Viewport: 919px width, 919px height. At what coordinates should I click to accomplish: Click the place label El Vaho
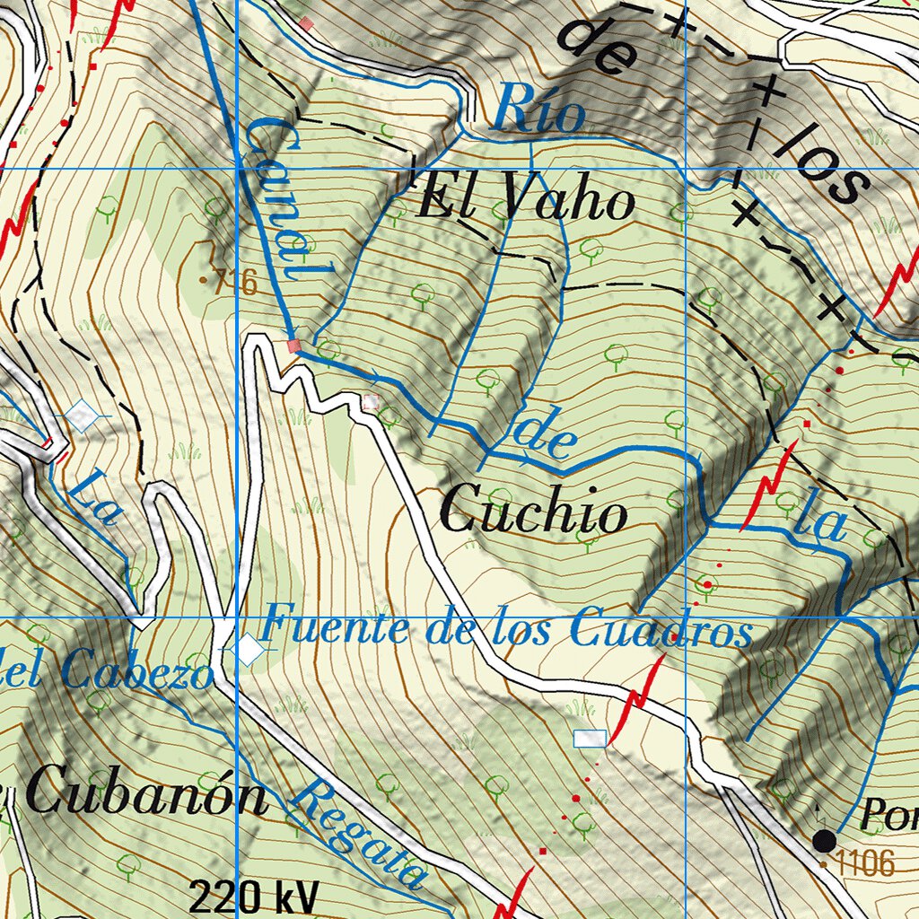[526, 200]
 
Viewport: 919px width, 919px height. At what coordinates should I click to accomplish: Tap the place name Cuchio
[534, 513]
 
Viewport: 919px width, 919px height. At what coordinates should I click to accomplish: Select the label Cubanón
[146, 795]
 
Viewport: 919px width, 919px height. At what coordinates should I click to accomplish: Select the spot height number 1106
[865, 864]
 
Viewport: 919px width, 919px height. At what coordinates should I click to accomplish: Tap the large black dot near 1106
[824, 840]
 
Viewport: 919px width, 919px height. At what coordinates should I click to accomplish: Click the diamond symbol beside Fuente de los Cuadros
[247, 650]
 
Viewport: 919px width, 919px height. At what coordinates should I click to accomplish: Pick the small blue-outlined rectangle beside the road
[590, 738]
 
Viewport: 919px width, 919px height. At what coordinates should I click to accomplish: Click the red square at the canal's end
[293, 346]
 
